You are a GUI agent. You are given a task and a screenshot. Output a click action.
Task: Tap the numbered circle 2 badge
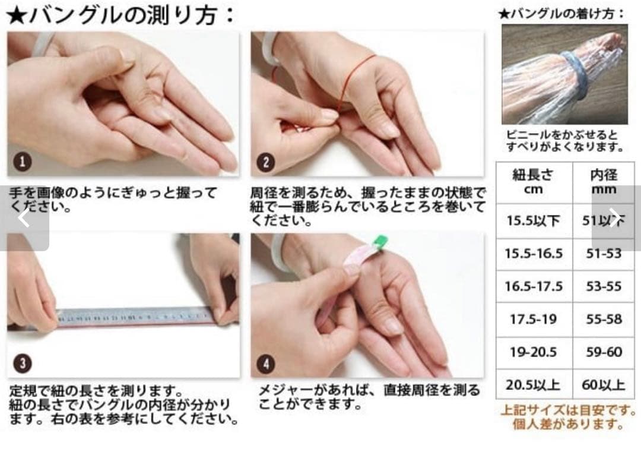click(266, 162)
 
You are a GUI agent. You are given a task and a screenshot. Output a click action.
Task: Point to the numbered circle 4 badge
click(266, 363)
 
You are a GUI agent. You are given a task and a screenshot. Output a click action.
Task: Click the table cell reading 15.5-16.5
click(534, 254)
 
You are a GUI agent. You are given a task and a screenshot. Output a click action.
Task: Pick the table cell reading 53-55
click(603, 286)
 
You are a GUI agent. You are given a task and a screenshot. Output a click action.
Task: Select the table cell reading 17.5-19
click(534, 319)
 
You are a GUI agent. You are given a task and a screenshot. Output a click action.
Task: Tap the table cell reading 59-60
click(603, 352)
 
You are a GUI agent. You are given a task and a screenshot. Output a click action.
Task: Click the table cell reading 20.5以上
click(534, 385)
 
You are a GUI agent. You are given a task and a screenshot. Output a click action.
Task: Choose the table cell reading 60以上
click(603, 385)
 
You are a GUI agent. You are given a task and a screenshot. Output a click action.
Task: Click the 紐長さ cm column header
click(534, 182)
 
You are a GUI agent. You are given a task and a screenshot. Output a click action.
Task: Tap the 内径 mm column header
click(603, 182)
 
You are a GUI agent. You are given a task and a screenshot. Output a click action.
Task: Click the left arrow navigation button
click(24, 219)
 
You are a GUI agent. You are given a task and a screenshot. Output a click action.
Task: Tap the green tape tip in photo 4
click(379, 242)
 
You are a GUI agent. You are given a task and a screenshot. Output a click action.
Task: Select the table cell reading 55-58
click(603, 319)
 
